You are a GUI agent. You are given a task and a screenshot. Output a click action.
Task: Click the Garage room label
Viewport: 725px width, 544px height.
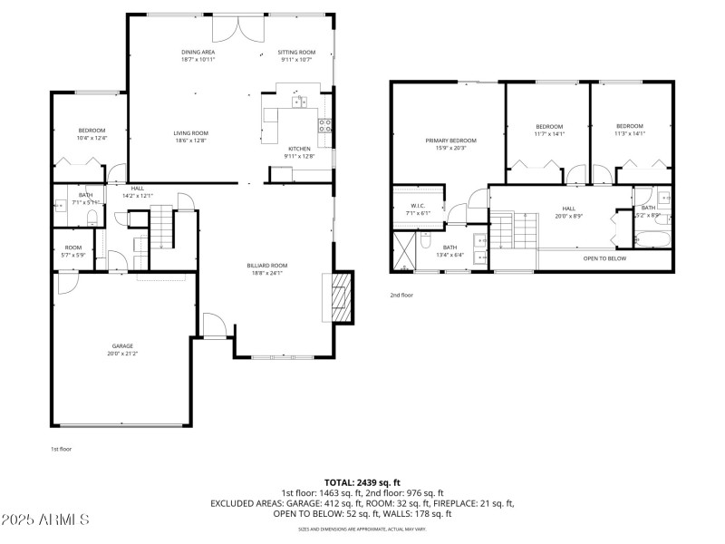(122, 345)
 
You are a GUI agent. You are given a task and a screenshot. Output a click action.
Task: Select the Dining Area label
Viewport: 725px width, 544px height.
(198, 53)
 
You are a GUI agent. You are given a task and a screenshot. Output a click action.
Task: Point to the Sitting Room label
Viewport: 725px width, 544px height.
(296, 53)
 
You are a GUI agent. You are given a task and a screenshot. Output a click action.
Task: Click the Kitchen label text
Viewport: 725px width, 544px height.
(299, 149)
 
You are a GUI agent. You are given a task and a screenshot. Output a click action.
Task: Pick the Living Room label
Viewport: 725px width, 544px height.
(191, 133)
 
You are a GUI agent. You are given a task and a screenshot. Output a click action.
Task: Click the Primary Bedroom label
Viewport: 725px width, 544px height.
(451, 141)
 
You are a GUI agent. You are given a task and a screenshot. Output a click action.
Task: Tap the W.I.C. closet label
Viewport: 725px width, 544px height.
(418, 206)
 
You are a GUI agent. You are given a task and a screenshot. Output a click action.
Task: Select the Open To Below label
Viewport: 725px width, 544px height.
(604, 258)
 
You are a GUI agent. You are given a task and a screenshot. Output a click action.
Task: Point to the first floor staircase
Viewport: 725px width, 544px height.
(160, 227)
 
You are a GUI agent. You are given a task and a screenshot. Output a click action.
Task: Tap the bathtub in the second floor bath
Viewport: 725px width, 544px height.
(651, 240)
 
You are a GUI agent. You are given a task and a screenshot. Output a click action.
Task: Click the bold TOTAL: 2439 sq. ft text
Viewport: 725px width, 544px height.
(362, 482)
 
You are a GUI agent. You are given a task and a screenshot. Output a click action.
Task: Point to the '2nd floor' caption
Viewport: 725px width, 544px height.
(401, 295)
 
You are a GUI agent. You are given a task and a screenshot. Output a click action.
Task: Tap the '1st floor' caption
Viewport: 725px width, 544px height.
(62, 449)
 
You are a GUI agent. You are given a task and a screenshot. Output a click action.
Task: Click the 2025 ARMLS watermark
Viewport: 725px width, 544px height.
(45, 520)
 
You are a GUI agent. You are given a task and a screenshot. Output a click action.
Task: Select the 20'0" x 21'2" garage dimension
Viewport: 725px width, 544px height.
(122, 353)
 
